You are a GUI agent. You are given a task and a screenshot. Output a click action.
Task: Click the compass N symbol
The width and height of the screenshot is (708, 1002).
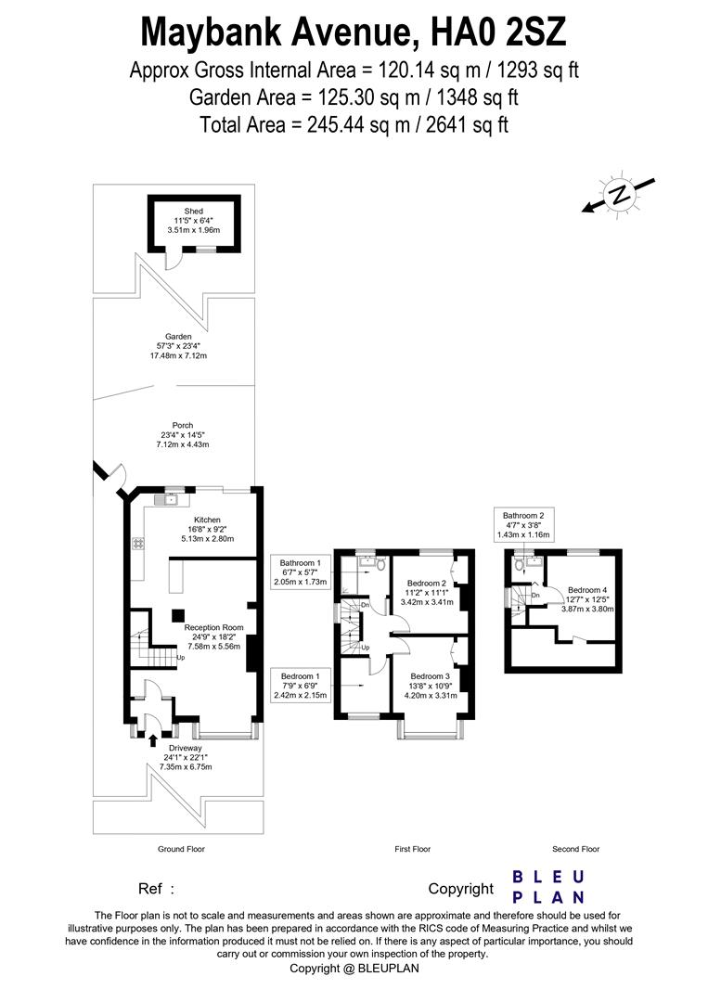point(619,194)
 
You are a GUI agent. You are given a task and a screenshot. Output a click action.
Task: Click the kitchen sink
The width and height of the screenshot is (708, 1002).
point(170,499)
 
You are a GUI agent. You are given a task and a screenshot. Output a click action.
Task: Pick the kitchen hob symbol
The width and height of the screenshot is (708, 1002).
point(138,543)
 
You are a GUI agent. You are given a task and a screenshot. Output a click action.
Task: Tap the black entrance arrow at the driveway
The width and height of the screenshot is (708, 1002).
point(153,740)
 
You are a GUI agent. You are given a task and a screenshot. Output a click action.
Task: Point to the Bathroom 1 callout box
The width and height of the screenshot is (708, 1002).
point(301,572)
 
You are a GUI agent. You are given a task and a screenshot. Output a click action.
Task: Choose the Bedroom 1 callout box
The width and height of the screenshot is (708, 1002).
point(301,685)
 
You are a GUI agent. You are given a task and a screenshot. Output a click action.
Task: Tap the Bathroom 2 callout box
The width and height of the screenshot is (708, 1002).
point(523,524)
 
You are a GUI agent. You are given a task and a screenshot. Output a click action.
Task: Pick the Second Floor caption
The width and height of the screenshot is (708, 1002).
point(575,849)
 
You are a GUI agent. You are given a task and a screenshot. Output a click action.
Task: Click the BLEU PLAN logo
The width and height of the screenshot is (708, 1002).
point(548,887)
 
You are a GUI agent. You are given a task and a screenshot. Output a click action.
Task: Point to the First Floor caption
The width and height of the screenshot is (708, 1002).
point(413,849)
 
